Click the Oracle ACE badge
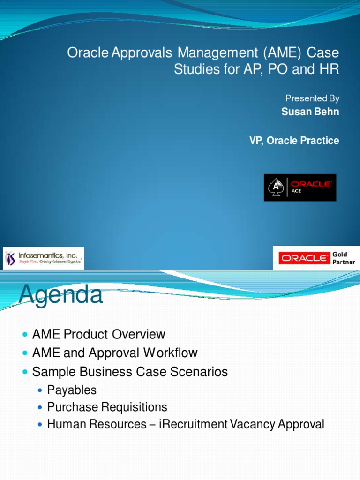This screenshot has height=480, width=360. [x=300, y=187]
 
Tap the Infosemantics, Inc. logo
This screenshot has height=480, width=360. [x=44, y=258]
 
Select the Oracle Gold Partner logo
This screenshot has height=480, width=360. [x=314, y=258]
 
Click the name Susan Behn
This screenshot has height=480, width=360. [x=310, y=112]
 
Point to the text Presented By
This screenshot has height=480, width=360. [x=312, y=98]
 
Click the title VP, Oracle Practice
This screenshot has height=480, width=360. [x=294, y=141]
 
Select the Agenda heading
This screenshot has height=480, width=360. [x=60, y=295]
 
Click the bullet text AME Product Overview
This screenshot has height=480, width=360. [x=98, y=335]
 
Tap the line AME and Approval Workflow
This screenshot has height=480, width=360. [x=115, y=353]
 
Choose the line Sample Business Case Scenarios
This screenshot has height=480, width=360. [x=130, y=372]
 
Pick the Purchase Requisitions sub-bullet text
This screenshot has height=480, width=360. [x=107, y=407]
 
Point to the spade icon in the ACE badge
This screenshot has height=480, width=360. [x=276, y=187]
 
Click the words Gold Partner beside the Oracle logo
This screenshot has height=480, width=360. [x=344, y=258]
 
